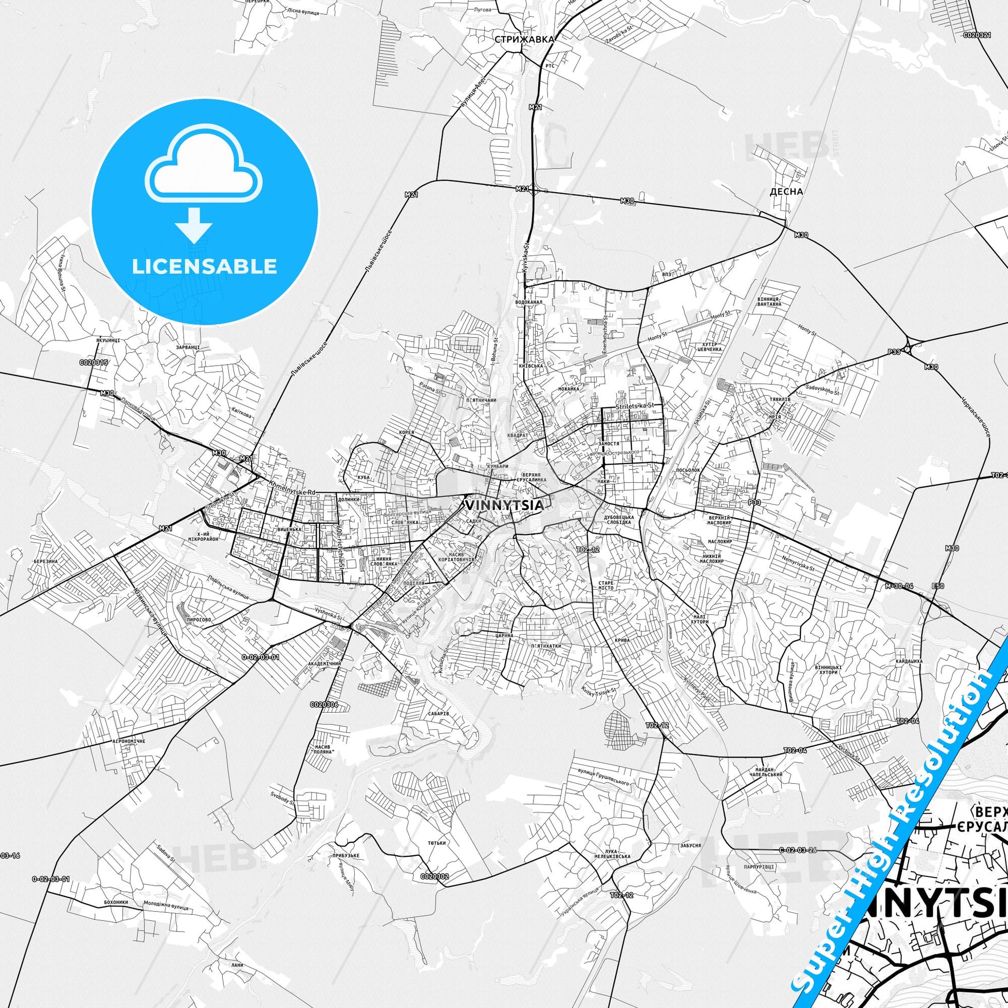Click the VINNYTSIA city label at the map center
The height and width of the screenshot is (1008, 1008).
click(x=503, y=505)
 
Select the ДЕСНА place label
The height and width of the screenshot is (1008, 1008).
click(x=786, y=191)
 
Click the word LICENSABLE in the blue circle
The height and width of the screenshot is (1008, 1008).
click(x=205, y=266)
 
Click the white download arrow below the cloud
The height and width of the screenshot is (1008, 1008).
click(x=194, y=224)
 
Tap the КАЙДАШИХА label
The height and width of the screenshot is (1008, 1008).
click(x=909, y=661)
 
